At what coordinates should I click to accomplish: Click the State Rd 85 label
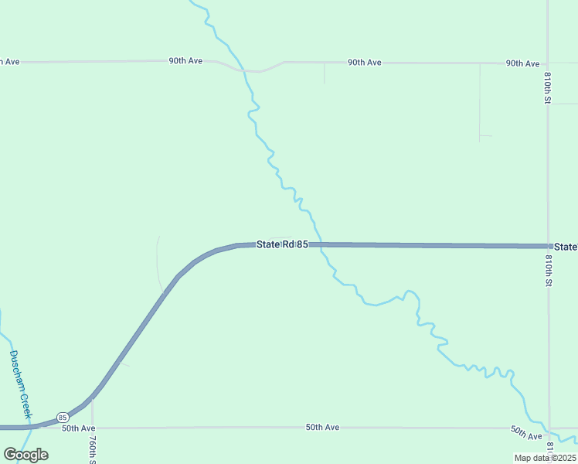coord(282,244)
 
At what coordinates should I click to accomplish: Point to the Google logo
coord(25,455)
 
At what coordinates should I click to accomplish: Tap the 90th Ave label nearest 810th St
coord(522,63)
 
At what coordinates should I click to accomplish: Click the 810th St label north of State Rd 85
coord(547,88)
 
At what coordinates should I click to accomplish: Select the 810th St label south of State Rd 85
coord(548,271)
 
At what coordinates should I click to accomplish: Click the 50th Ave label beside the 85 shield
coord(78,428)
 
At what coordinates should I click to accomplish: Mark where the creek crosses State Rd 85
coord(318,244)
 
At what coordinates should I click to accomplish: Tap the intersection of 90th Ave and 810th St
coord(547,63)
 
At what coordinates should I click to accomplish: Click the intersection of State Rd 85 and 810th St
coord(548,246)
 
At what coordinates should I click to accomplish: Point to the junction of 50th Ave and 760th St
coord(92,428)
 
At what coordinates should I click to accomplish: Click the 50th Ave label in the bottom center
coord(322,427)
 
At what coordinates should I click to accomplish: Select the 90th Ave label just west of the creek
coord(185,60)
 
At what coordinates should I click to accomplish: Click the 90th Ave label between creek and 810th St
coord(364,62)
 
